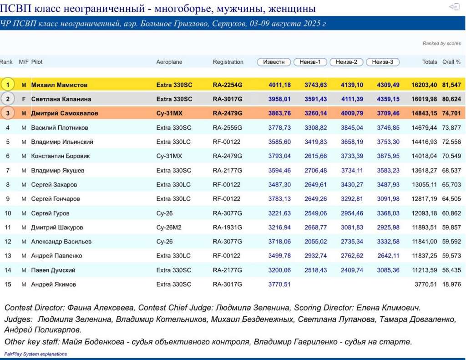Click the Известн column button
coord(274,62)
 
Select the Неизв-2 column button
coord(346,62)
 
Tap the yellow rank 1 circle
coord(7,85)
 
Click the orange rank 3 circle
coord(7,113)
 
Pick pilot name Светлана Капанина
coord(61,99)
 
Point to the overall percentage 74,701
coord(451,113)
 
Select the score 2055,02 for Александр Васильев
coord(315,242)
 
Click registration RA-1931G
coord(227,228)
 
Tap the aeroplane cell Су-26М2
coord(169,228)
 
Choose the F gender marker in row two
coord(24,99)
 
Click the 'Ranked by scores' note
coord(441,44)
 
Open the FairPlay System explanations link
coord(35,354)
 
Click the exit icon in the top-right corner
coord(454,7)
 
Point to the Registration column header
coord(228,62)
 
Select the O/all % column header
coord(451,62)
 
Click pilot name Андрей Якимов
coord(53,284)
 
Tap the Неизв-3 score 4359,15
coord(388,99)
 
